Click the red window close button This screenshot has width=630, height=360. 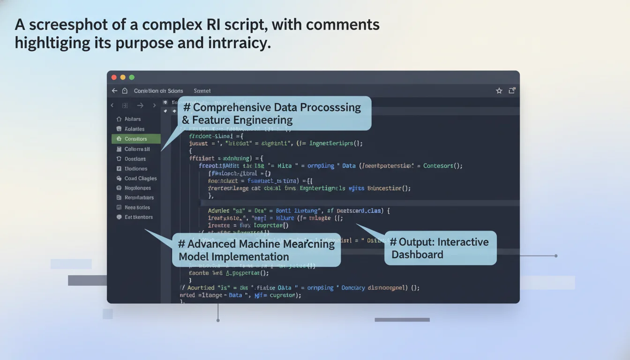point(114,77)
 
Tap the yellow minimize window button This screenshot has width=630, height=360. point(123,77)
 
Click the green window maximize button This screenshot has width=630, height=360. point(132,77)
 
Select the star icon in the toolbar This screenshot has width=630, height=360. point(499,91)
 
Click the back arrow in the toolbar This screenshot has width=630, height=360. point(114,91)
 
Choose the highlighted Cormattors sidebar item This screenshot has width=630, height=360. point(135,139)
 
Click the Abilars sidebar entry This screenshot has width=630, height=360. point(132,119)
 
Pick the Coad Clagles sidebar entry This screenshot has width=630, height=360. point(140,178)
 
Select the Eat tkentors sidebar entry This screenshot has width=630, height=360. point(138,217)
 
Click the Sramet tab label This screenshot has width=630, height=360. point(202,91)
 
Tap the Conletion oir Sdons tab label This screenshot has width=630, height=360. point(158,91)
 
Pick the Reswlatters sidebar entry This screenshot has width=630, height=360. point(139,197)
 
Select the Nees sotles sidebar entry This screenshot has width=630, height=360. point(137,207)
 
